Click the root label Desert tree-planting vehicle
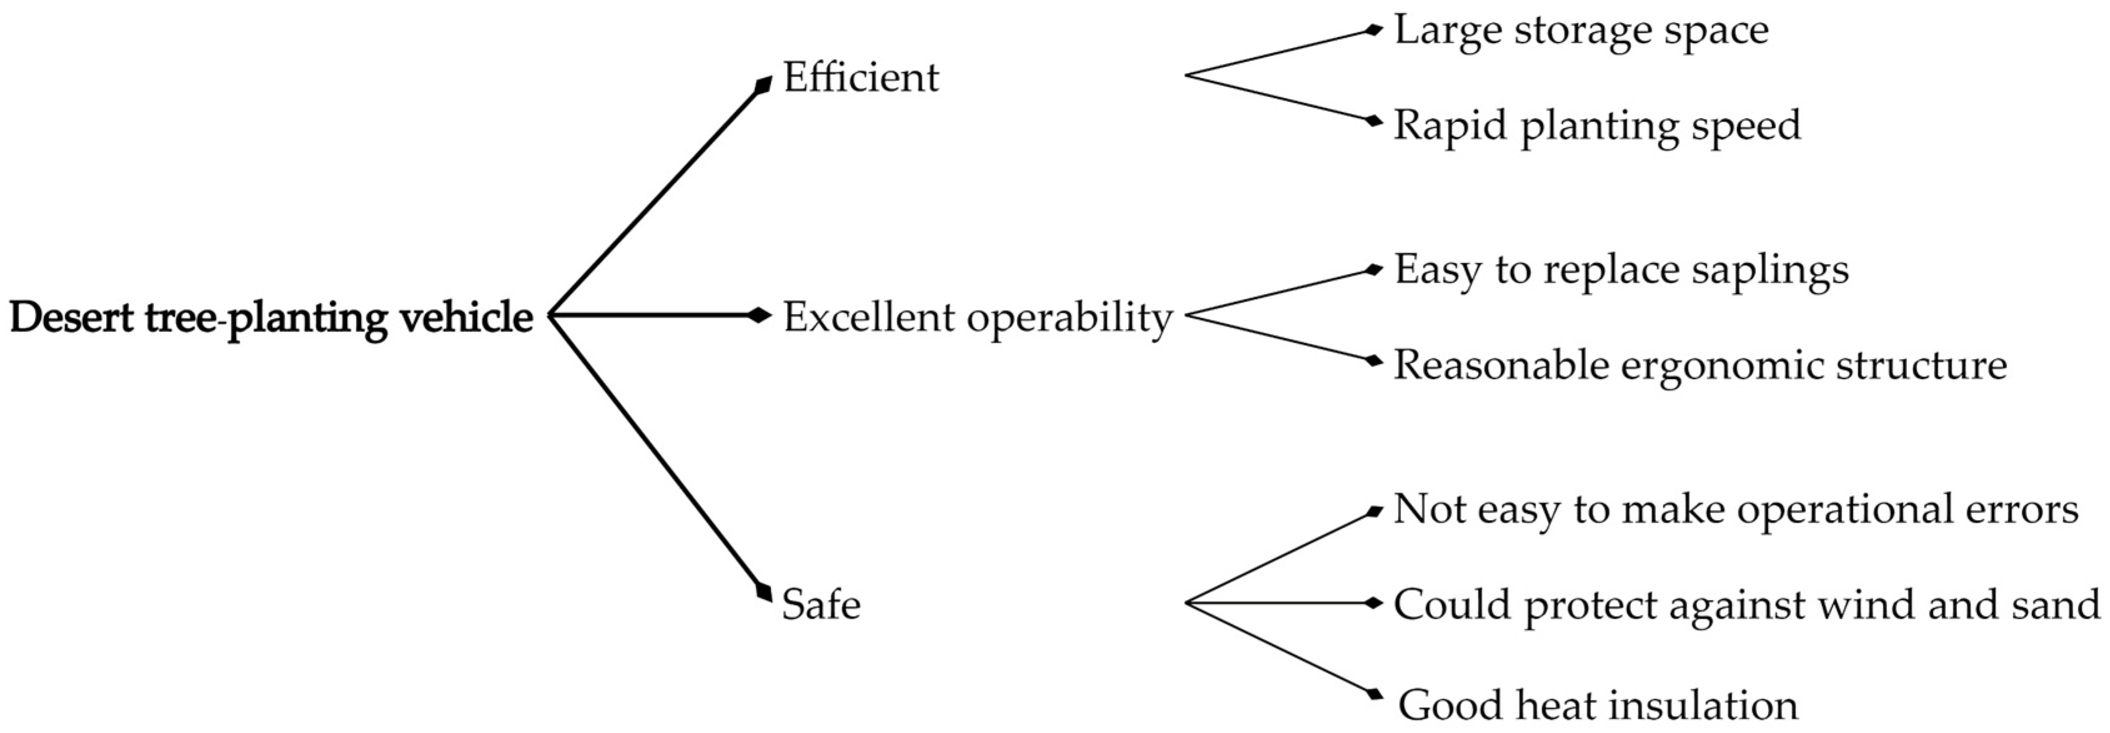pyautogui.click(x=271, y=317)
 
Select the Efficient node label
pyautogui.click(x=860, y=78)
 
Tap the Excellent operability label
pyautogui.click(x=977, y=317)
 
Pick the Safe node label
pyautogui.click(x=821, y=605)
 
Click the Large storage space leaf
pyautogui.click(x=1581, y=31)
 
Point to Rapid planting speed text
pyautogui.click(x=1597, y=126)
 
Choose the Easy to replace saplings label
pyautogui.click(x=1621, y=270)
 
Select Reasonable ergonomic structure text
pyautogui.click(x=1700, y=365)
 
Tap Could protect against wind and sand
pyautogui.click(x=1746, y=605)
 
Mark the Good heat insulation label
pyautogui.click(x=1597, y=705)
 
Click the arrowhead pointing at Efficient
pyautogui.click(x=763, y=85)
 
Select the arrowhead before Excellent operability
pyautogui.click(x=760, y=315)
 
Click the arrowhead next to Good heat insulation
pyautogui.click(x=1374, y=694)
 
